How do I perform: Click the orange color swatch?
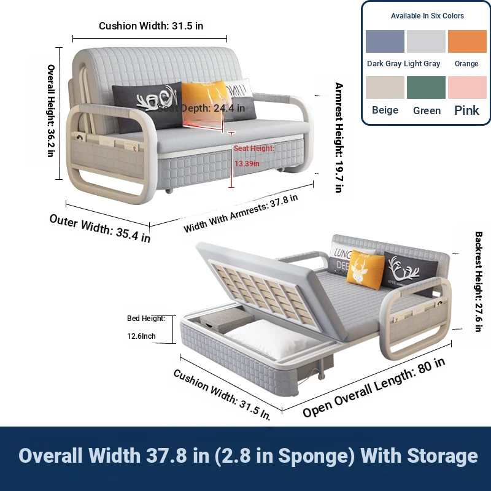point(467,41)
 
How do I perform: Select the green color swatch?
point(426,87)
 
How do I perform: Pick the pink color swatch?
point(467,87)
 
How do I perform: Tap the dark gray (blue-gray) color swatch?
point(385,41)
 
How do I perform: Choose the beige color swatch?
point(385,87)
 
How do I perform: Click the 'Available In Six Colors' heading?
point(427,16)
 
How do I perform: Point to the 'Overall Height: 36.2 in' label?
point(51,110)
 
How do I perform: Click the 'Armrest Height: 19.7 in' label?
point(339,137)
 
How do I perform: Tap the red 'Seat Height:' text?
point(254,148)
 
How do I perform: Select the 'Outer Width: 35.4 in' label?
point(100,228)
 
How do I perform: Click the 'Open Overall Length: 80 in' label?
point(374,387)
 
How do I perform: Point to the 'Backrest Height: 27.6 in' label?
point(478,282)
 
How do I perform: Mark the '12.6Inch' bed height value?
point(141,336)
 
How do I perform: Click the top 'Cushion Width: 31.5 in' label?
point(151,26)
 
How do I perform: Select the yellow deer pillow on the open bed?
point(365,269)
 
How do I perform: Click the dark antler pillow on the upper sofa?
point(147,106)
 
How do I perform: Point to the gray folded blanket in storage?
point(227,320)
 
